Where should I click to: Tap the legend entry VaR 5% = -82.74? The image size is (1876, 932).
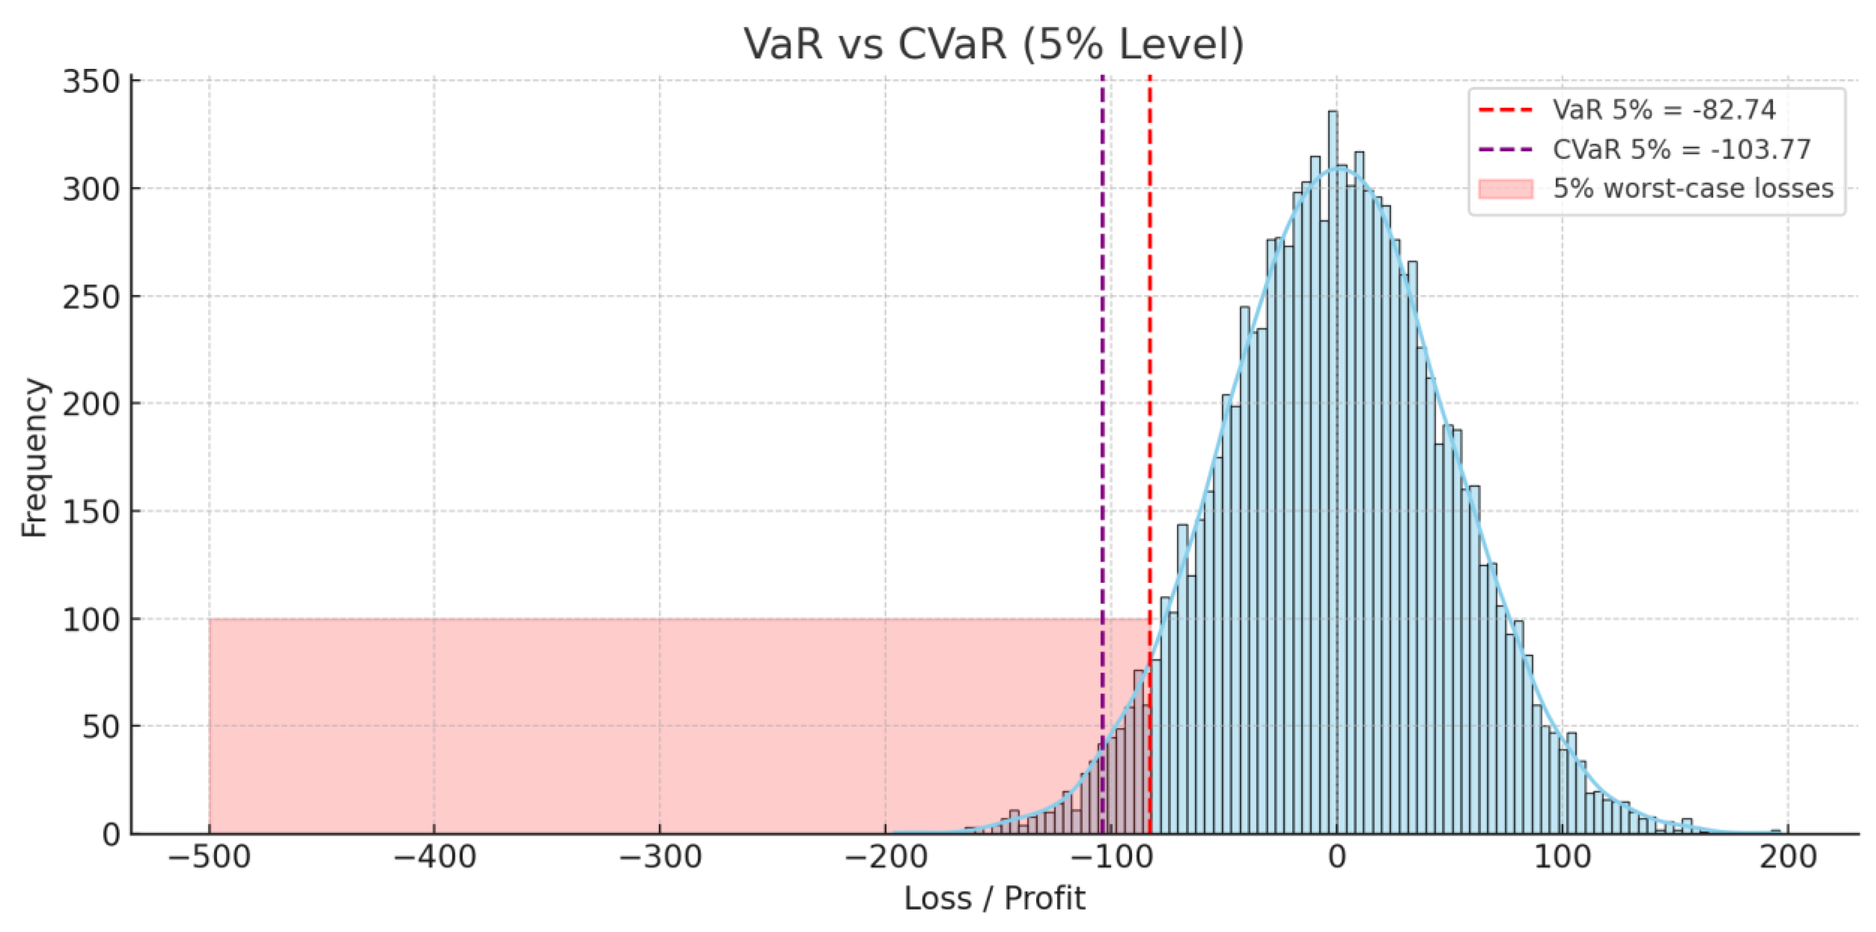click(x=1664, y=110)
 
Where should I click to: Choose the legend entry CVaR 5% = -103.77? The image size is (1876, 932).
click(x=1681, y=149)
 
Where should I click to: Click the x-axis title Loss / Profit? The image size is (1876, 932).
click(x=994, y=899)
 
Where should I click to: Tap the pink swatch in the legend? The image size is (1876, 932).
click(x=1505, y=189)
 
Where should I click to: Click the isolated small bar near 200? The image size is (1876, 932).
click(x=1776, y=831)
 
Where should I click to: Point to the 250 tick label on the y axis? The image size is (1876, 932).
click(x=91, y=296)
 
